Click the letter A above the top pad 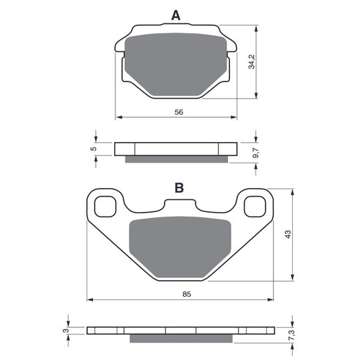coord(176,15)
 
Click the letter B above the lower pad coord(179,188)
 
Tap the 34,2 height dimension coord(251,61)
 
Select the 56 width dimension coord(179,112)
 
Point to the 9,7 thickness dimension coord(255,153)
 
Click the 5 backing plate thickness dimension coord(93,149)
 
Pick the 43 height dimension coord(288,234)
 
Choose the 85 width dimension coord(187,294)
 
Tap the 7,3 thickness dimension coord(291,335)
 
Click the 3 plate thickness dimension coord(66,331)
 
